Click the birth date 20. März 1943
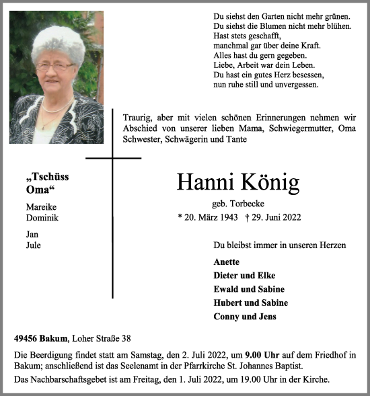[206, 217]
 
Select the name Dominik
[42, 219]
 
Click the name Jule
[33, 245]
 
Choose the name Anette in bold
[226, 262]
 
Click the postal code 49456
[26, 340]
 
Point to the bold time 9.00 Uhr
[258, 354]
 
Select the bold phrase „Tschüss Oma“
[46, 183]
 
